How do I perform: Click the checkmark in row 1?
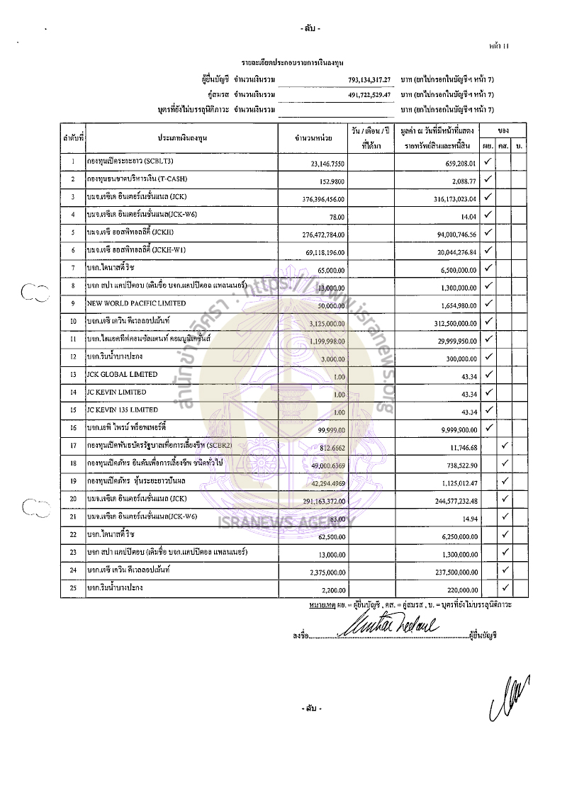pyautogui.click(x=488, y=162)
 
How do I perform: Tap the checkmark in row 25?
pyautogui.click(x=505, y=587)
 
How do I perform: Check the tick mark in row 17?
pyautogui.click(x=505, y=446)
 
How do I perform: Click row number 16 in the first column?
pyautogui.click(x=73, y=429)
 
